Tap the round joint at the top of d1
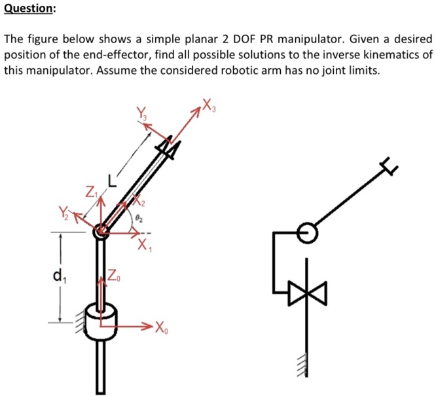pos(102,230)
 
